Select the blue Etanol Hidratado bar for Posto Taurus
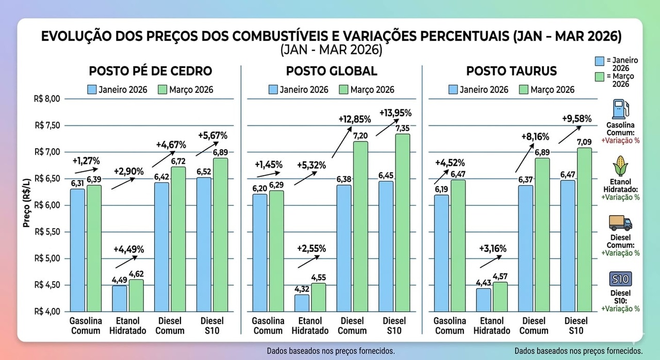[484, 300]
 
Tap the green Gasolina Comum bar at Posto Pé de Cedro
[94, 248]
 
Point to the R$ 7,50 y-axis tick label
[47, 125]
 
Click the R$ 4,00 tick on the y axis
[47, 312]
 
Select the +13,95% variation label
[395, 112]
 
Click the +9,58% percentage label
[576, 119]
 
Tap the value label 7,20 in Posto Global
[360, 135]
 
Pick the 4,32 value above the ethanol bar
[302, 289]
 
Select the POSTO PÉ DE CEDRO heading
[151, 71]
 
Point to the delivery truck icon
[620, 223]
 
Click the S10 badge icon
[620, 279]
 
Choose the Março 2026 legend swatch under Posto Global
[344, 90]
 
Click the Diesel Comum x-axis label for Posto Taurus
[534, 326]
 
